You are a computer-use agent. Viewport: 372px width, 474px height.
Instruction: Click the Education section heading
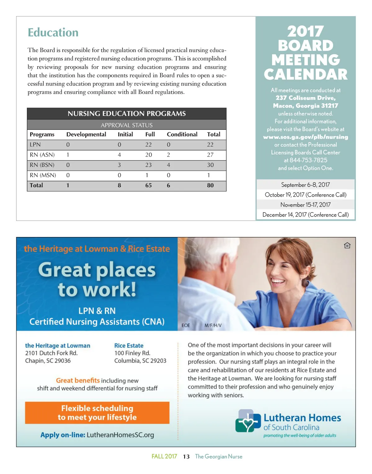pyautogui.click(x=53, y=33)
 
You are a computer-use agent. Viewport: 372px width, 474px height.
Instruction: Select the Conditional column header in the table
pyautogui.click(x=182, y=134)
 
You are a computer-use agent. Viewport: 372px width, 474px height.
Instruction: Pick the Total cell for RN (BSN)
pyautogui.click(x=210, y=165)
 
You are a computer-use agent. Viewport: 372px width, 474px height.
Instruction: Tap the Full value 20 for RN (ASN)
pyautogui.click(x=148, y=155)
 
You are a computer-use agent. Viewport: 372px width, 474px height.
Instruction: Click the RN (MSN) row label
pyautogui.click(x=43, y=175)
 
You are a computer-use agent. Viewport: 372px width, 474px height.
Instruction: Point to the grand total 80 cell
pyautogui.click(x=210, y=185)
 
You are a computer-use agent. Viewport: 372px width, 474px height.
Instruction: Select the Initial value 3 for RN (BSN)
pyautogui.click(x=119, y=165)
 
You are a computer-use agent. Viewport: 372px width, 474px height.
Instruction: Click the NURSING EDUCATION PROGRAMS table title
pyautogui.click(x=126, y=114)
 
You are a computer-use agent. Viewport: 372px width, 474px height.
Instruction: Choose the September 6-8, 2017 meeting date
pyautogui.click(x=305, y=185)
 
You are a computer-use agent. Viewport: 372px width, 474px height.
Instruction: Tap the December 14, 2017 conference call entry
pyautogui.click(x=305, y=215)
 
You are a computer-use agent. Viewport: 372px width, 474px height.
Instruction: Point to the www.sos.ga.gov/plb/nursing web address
pyautogui.click(x=305, y=137)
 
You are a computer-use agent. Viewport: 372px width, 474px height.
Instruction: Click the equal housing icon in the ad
pyautogui.click(x=347, y=246)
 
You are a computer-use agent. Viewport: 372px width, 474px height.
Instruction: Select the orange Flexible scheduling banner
pyautogui.click(x=97, y=413)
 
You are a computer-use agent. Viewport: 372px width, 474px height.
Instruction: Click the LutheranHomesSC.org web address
pyautogui.click(x=120, y=435)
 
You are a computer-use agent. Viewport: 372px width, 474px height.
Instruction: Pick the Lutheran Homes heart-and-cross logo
pyautogui.click(x=247, y=421)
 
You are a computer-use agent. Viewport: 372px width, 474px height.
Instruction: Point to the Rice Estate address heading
pyautogui.click(x=129, y=345)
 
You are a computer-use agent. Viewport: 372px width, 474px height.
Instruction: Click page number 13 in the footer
pyautogui.click(x=186, y=457)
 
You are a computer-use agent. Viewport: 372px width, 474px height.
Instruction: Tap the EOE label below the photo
pyautogui.click(x=186, y=325)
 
